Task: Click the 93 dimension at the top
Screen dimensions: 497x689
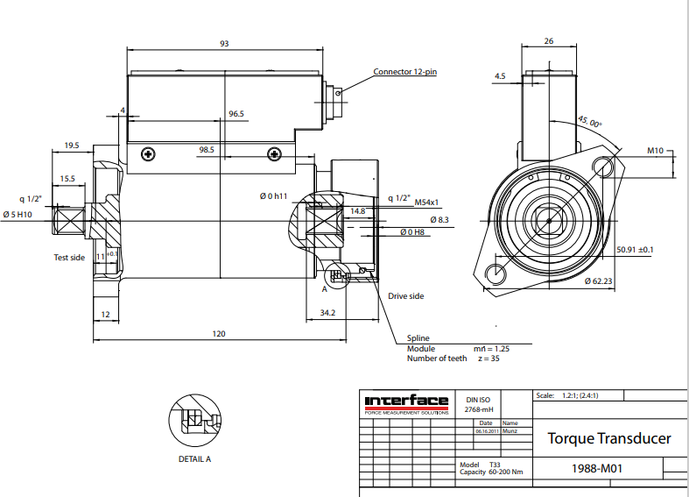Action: [x=224, y=43]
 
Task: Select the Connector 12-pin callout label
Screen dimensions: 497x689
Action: [x=404, y=72]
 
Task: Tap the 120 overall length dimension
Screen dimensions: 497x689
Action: [x=219, y=333]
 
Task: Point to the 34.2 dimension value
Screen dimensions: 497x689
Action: [x=327, y=312]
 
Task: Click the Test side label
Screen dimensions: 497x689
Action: [x=69, y=258]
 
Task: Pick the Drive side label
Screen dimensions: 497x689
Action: [x=406, y=296]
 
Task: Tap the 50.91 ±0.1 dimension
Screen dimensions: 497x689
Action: [x=635, y=249]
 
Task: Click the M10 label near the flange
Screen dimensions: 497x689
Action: [x=655, y=151]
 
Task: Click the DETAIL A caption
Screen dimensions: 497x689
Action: [x=193, y=458]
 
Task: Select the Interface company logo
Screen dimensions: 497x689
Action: [x=406, y=403]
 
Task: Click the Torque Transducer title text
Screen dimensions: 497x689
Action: [x=608, y=437]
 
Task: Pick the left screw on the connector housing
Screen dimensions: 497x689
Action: [x=150, y=154]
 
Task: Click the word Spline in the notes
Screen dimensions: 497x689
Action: [x=418, y=338]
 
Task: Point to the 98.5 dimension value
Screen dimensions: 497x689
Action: [x=207, y=150]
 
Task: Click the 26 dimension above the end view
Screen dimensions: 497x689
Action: [x=549, y=40]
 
